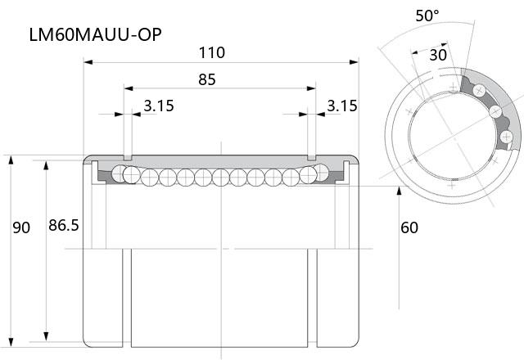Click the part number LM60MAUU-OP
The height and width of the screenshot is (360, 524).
[x=96, y=34]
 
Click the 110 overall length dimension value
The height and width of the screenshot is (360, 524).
[x=212, y=52]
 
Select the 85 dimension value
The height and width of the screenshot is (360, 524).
[x=207, y=79]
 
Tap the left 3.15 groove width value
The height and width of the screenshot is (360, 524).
[x=159, y=106]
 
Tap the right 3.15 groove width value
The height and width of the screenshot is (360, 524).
[x=342, y=106]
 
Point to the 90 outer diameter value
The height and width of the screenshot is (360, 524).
[x=21, y=227]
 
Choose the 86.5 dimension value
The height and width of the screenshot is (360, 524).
[x=64, y=226]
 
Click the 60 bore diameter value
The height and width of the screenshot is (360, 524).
[x=409, y=227]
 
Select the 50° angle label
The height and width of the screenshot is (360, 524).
[x=427, y=16]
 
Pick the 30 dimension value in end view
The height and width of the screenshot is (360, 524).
[x=438, y=55]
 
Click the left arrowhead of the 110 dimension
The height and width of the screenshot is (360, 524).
[x=88, y=62]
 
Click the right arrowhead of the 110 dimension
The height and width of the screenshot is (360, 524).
[x=354, y=62]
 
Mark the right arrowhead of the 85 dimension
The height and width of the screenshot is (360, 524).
[x=311, y=88]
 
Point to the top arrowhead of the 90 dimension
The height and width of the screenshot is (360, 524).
[x=11, y=160]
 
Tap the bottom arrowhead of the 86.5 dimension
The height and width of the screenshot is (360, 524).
[x=46, y=336]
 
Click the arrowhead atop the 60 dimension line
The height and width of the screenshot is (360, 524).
[x=399, y=191]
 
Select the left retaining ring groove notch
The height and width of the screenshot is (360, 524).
[x=128, y=157]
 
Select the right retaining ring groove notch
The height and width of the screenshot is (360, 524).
[x=311, y=157]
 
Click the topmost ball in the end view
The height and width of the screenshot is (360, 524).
[x=479, y=90]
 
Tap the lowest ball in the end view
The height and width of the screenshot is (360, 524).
[x=506, y=137]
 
